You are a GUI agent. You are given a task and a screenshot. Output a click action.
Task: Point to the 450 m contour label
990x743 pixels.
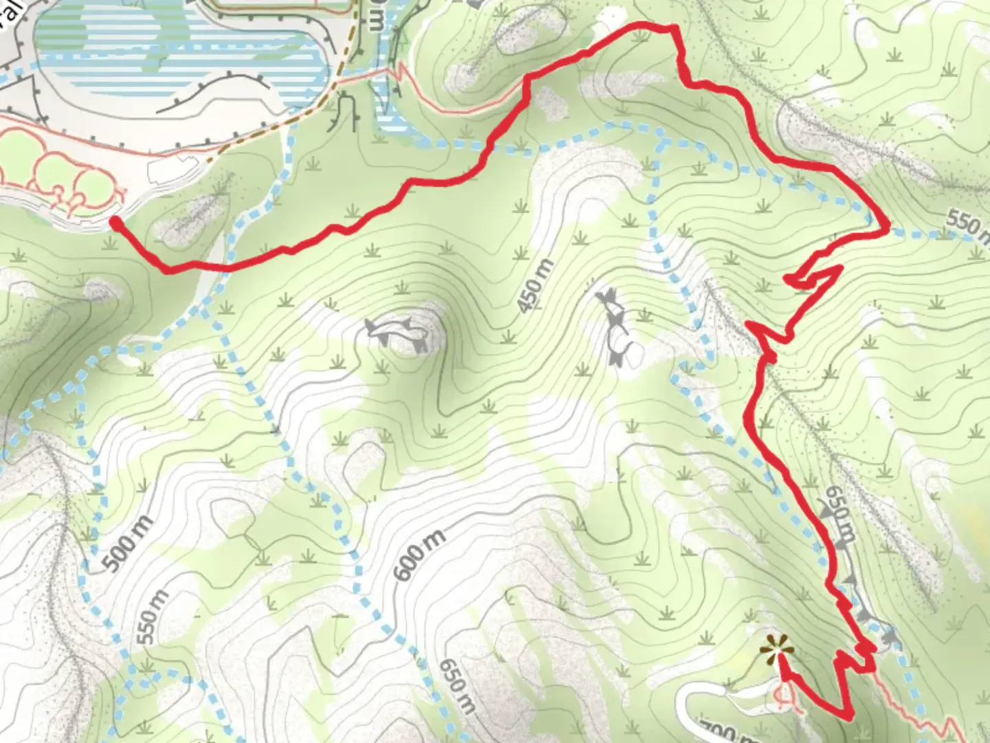pos(535,286)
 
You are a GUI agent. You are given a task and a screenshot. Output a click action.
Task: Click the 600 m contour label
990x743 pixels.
pos(420,554)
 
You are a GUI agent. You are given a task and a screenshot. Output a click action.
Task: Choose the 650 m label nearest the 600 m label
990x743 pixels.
pos(456,685)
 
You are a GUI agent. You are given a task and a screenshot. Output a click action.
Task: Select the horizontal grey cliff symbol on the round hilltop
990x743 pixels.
pos(398,330)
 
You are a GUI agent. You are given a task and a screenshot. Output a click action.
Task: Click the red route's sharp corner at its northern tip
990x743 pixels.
pos(674,29)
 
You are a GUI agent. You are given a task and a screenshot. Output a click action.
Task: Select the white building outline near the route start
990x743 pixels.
pos(176,165)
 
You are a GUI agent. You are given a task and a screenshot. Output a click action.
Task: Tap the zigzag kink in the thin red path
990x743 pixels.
pos(397,71)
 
